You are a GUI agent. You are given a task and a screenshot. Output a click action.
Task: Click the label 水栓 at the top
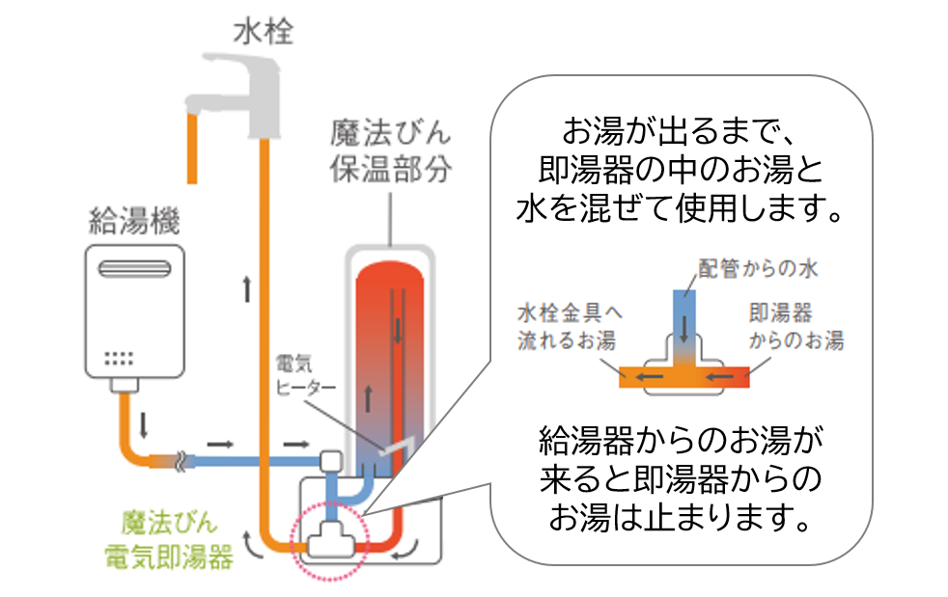(263, 34)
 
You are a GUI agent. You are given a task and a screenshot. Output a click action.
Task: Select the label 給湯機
(133, 221)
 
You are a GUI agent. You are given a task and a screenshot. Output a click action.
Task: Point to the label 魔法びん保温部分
(390, 149)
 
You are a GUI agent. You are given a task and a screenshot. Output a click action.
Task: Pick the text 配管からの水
(758, 269)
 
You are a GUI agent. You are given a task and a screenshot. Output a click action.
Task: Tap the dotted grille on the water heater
(119, 359)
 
